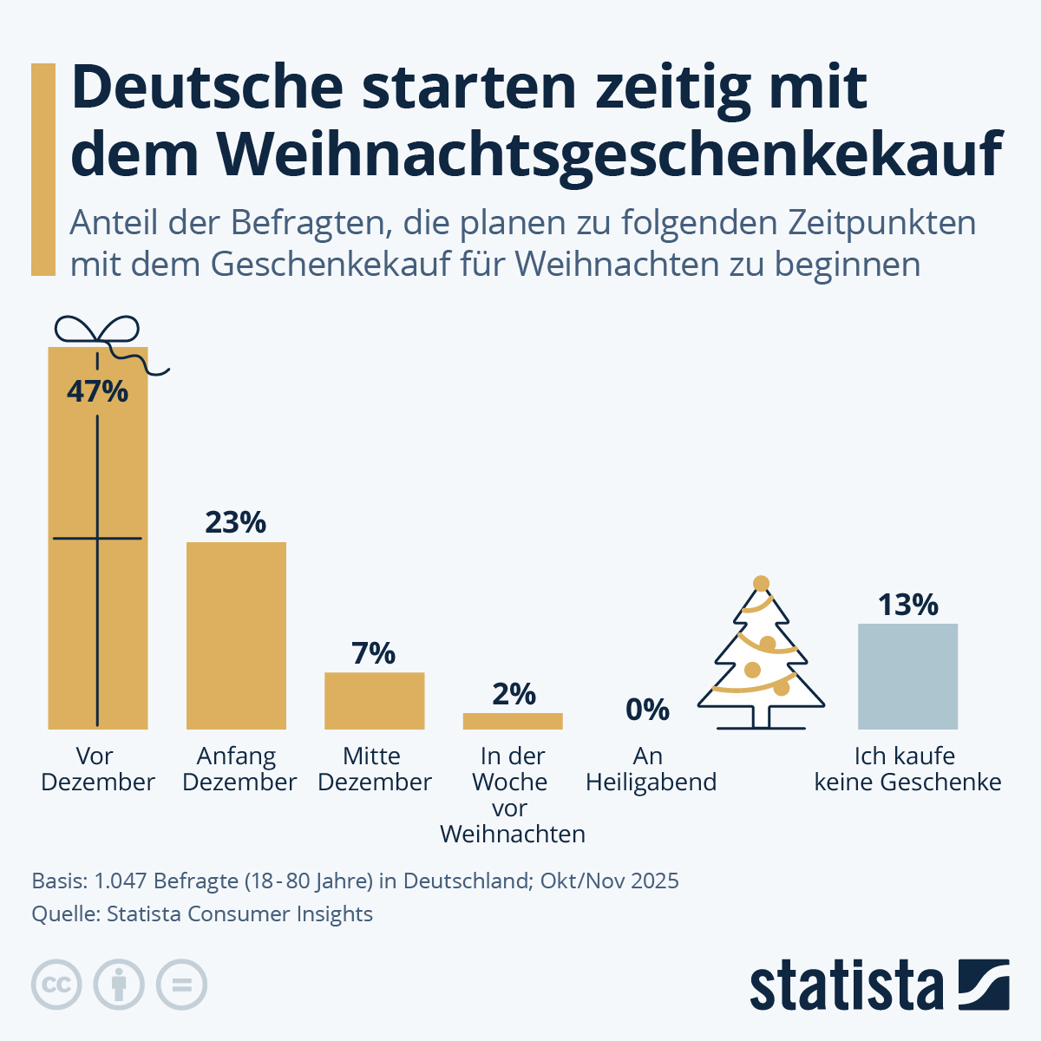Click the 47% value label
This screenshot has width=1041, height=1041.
(x=97, y=391)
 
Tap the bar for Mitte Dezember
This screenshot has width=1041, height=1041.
(x=374, y=700)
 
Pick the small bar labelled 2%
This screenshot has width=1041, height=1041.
(x=513, y=721)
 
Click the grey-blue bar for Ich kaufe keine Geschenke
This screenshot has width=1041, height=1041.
(x=907, y=676)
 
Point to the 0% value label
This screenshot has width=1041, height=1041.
(x=647, y=710)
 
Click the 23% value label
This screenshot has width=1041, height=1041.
(x=235, y=522)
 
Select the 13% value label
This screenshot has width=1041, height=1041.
(x=907, y=605)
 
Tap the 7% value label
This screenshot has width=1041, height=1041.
(x=374, y=653)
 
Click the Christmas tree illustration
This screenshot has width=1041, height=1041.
(x=762, y=659)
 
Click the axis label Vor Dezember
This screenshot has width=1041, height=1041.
(x=97, y=769)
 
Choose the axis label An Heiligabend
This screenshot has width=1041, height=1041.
(x=651, y=769)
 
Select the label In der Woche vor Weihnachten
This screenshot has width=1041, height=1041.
(x=512, y=795)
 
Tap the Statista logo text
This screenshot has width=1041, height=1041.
(x=847, y=985)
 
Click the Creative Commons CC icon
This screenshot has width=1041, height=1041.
(x=56, y=985)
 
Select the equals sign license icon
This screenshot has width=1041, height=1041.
(x=181, y=985)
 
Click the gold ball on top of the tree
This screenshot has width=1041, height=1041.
(x=762, y=583)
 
